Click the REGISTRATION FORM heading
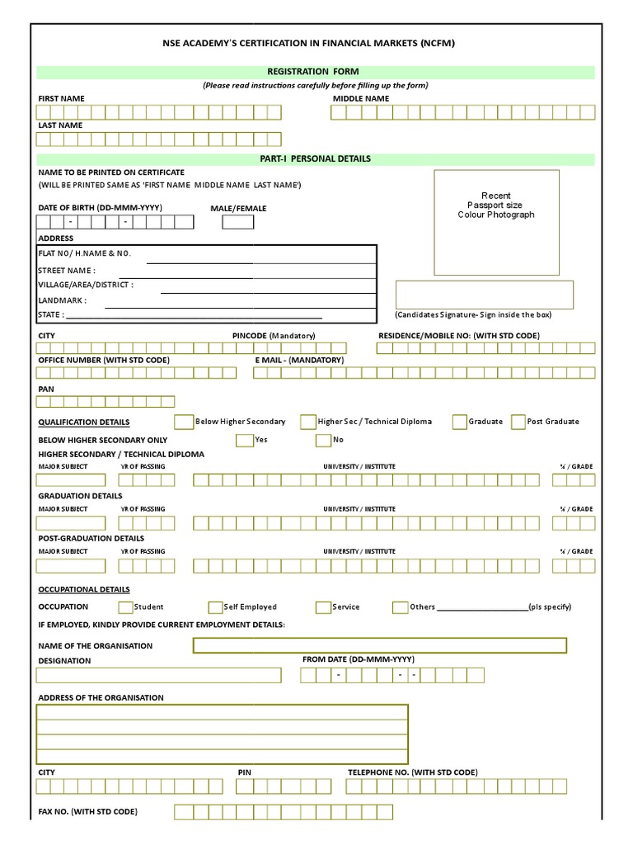[316, 72]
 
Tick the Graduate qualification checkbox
[459, 422]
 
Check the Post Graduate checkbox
[518, 422]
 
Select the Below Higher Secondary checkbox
[184, 422]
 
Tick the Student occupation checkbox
[125, 607]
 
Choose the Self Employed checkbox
[216, 607]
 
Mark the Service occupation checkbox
[323, 607]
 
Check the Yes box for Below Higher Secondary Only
[244, 441]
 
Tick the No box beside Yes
[323, 441]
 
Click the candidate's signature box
[484, 295]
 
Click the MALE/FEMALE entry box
[238, 222]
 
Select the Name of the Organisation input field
[379, 645]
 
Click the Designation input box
[158, 675]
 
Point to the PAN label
[46, 389]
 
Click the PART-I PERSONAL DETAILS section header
[316, 158]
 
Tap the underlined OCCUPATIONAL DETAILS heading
[84, 589]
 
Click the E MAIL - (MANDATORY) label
[299, 360]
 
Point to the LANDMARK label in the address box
[63, 300]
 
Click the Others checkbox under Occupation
[400, 607]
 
